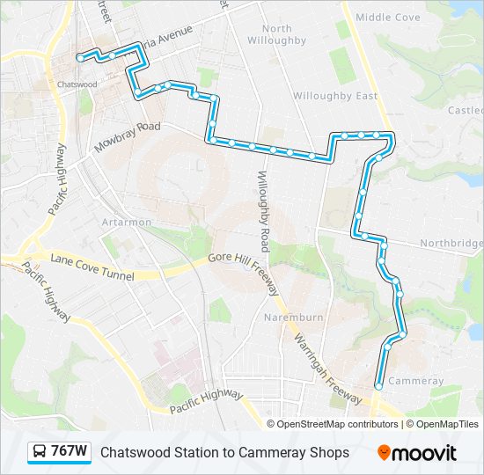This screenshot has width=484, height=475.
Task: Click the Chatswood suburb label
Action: [x=76, y=84]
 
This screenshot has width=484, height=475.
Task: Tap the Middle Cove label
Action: [x=388, y=17]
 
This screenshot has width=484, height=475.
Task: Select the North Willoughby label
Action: [x=277, y=34]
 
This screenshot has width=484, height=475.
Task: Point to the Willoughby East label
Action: [x=335, y=95]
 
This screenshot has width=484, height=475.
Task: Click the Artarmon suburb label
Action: [x=127, y=223]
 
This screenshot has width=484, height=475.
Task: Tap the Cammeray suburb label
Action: [x=415, y=381]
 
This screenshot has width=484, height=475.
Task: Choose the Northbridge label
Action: [x=451, y=243]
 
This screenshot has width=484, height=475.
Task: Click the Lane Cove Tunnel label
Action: [x=92, y=267]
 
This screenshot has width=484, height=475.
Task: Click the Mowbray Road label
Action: [x=128, y=138]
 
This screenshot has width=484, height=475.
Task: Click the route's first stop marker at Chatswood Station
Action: [x=80, y=58]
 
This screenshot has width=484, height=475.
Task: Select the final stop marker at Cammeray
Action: [x=378, y=386]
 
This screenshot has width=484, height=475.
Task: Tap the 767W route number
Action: [x=69, y=452]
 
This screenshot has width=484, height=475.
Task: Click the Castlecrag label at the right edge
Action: [x=466, y=110]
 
